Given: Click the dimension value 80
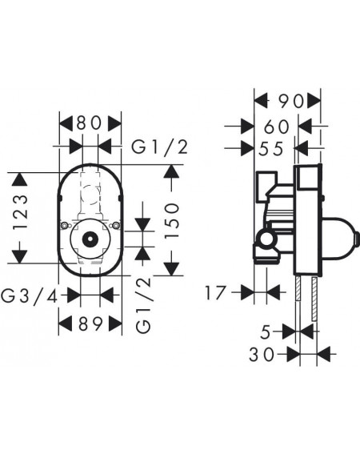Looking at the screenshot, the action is (90, 123).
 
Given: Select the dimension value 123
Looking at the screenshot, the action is (21, 212).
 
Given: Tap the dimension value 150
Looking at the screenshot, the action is (172, 221).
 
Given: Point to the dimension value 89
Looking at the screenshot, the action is (90, 323).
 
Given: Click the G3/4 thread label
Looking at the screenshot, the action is (30, 296).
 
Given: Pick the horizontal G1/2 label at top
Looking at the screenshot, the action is (160, 147).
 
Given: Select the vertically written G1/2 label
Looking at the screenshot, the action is (144, 305).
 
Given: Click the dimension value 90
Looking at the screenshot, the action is (291, 101).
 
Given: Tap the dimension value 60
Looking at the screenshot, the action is (277, 127).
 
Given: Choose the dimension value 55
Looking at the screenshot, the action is (271, 150).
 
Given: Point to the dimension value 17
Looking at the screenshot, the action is (215, 293).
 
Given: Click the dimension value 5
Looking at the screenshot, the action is (266, 332).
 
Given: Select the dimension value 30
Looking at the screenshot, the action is (262, 355).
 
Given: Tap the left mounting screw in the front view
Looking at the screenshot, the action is (65, 226).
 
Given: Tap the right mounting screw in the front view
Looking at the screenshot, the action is (116, 226).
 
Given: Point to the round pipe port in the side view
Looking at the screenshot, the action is (266, 239).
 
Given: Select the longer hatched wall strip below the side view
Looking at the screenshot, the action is (314, 299).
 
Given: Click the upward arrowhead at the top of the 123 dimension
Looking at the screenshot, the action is (19, 179).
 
